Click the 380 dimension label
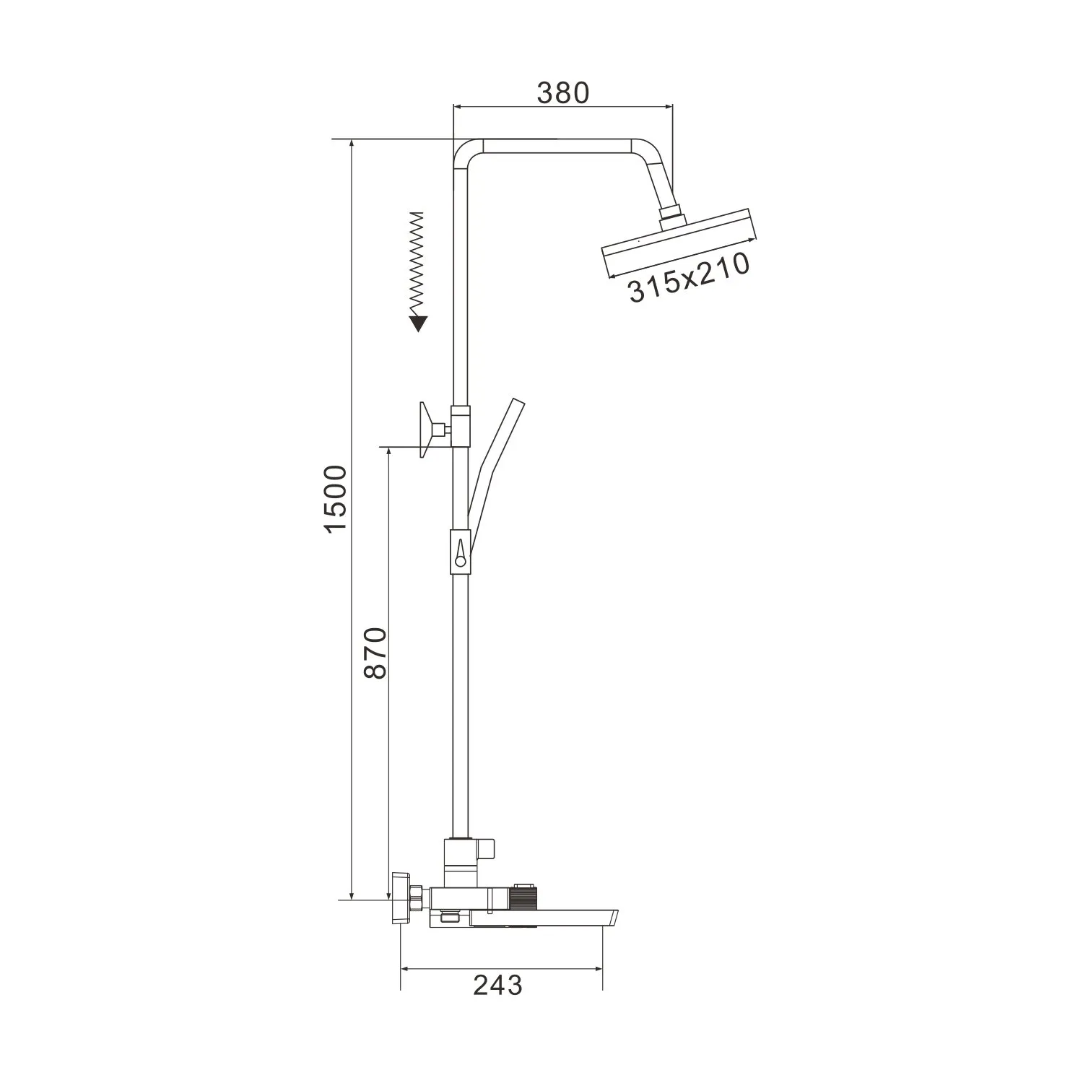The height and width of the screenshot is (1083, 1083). tap(563, 92)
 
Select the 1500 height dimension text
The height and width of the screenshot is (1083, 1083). tap(336, 499)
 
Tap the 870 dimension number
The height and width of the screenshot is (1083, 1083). tap(375, 653)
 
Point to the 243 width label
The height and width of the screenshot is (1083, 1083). tap(497, 985)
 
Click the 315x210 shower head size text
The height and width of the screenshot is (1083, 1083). tap(688, 279)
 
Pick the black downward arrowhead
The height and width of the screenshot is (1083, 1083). tap(417, 324)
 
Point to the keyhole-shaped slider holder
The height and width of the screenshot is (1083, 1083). tap(460, 552)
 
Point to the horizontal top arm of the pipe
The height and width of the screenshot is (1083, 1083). tap(556, 146)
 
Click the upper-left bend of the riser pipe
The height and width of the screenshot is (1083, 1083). tap(465, 153)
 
